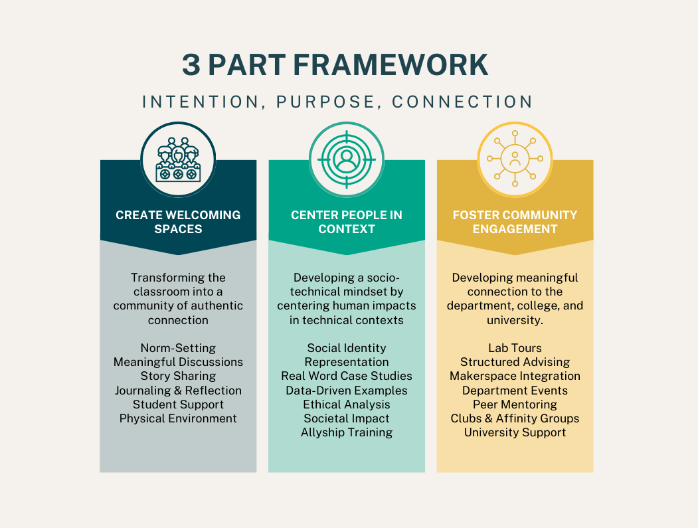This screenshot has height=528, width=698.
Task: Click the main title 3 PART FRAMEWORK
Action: point(335,65)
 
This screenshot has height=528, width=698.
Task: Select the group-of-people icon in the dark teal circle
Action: point(178,159)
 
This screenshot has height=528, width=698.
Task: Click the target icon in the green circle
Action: point(346,159)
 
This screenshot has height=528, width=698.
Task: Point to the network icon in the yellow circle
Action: point(515,159)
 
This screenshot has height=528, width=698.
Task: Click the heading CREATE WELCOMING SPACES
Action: point(178,222)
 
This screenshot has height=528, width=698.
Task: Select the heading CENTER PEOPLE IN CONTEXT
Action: point(346,222)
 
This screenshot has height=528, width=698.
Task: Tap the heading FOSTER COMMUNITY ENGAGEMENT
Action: point(515,222)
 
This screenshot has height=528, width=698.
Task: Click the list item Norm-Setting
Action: point(178,348)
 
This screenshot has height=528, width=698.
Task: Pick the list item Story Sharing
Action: point(178,376)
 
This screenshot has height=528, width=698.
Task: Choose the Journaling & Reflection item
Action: point(178,390)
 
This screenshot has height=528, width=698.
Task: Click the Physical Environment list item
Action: point(178,418)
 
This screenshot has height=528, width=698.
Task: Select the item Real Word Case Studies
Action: point(346,376)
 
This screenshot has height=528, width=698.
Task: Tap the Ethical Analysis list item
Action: point(346,404)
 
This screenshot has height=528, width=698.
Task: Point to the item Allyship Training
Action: point(346,432)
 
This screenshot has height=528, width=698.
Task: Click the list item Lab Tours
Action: point(515,348)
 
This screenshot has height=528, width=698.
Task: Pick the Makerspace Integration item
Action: point(515,376)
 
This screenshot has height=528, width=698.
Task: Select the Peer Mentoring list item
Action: point(515,404)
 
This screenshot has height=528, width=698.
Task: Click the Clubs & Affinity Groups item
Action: point(515,418)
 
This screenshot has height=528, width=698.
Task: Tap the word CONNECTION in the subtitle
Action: point(462,102)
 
